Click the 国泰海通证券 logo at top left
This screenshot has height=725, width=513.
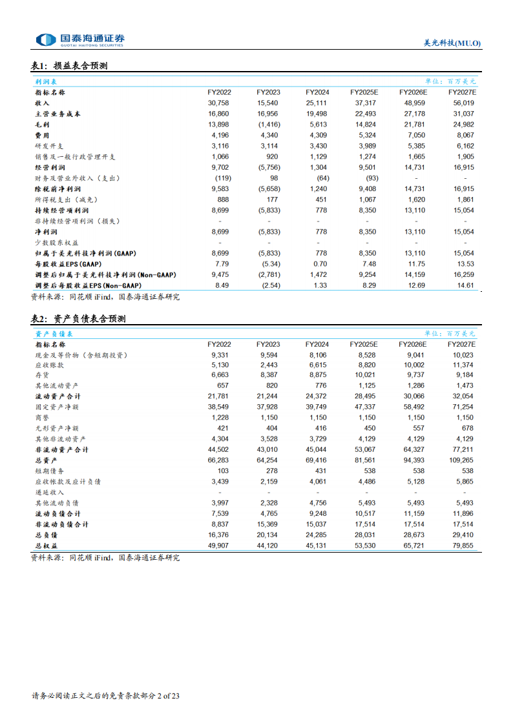pyautogui.click(x=80, y=40)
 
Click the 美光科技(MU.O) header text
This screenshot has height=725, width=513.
pyautogui.click(x=452, y=43)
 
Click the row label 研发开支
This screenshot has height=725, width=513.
pyautogui.click(x=50, y=146)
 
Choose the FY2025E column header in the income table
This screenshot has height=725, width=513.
pyautogui.click(x=364, y=92)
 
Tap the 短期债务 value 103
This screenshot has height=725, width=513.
pyautogui.click(x=223, y=471)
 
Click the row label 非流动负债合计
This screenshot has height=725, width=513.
pyautogui.click(x=61, y=525)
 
